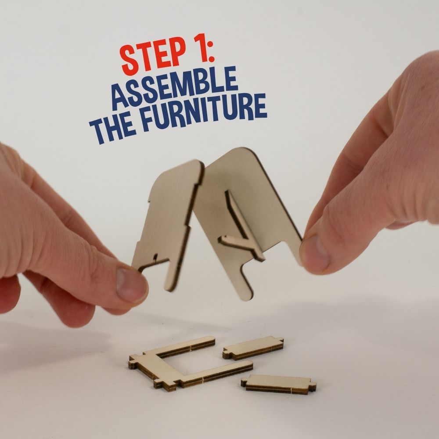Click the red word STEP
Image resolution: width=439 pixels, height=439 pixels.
[153, 57]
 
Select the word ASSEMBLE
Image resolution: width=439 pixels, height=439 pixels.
[175, 88]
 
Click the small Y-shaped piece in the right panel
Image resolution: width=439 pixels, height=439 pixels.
[243, 230]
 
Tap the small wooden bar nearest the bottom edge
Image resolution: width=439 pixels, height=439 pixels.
[279, 384]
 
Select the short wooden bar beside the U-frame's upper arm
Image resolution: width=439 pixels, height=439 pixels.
[253, 348]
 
